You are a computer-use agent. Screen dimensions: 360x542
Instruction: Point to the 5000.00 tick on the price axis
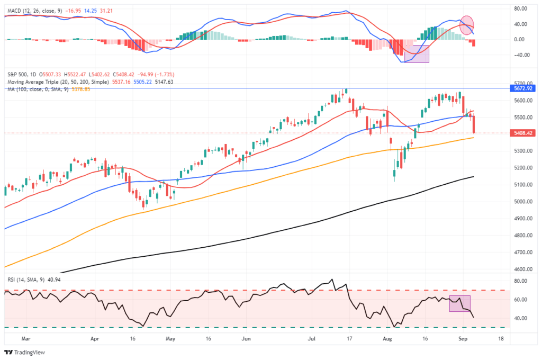(520, 202)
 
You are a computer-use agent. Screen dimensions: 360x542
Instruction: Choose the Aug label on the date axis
(388, 337)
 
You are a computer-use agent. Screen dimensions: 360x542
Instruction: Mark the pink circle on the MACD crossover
(467, 25)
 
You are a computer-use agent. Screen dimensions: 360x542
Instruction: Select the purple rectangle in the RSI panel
(459, 303)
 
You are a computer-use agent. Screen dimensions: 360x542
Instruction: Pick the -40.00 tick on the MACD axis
(520, 55)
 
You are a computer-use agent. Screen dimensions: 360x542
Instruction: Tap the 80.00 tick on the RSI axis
(520, 281)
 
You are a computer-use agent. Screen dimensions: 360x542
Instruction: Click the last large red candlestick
(474, 124)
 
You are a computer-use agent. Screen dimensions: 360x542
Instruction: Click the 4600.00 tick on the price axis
(520, 269)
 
